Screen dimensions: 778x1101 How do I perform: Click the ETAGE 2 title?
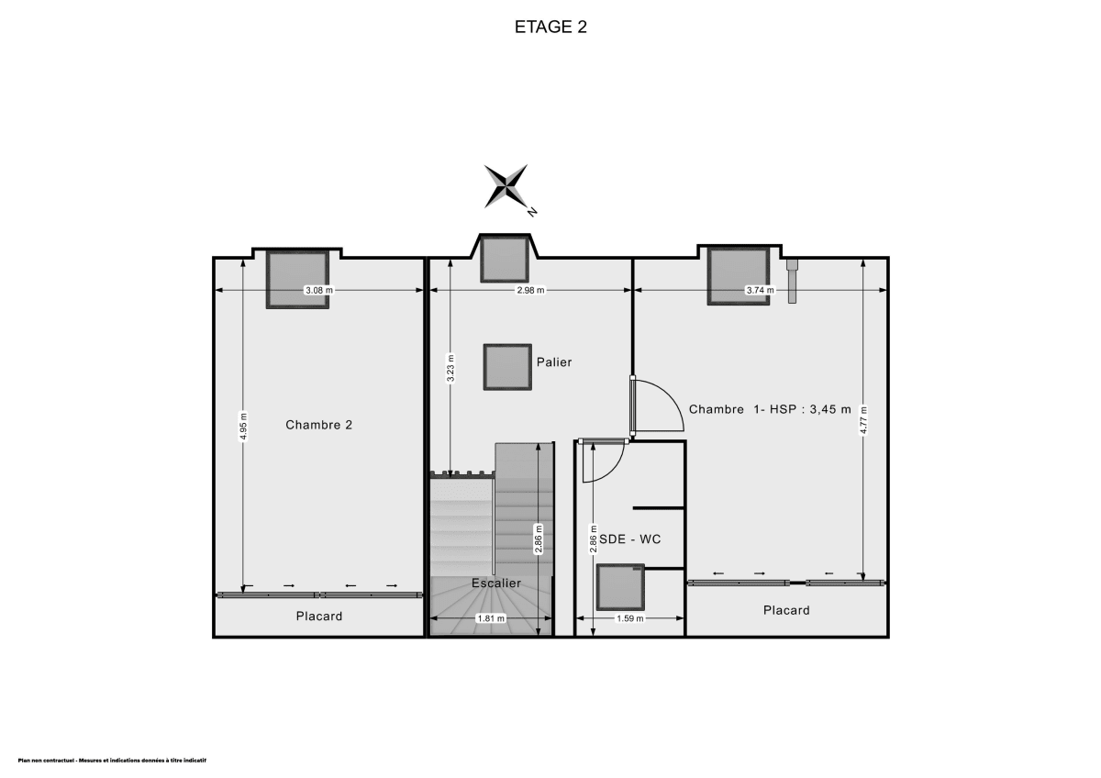click(x=550, y=27)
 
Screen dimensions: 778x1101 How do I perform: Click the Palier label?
click(x=554, y=362)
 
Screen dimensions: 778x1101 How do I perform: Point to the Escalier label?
click(x=496, y=583)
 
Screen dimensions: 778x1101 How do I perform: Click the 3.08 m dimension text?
click(x=319, y=291)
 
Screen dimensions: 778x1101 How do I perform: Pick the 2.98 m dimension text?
click(x=530, y=291)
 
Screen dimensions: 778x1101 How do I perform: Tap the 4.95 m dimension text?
click(x=243, y=430)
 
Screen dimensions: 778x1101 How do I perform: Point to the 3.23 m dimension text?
click(x=450, y=367)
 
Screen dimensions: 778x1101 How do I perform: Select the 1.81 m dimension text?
click(x=491, y=619)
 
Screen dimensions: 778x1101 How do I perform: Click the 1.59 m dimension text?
click(x=629, y=619)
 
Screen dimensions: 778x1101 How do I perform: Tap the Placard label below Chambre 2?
click(x=319, y=617)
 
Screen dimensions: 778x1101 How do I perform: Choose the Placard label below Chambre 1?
click(x=787, y=610)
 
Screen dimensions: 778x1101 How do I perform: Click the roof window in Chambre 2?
click(x=298, y=280)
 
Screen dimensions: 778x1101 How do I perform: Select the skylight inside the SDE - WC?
click(x=621, y=587)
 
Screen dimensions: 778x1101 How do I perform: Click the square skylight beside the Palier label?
click(x=507, y=367)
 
